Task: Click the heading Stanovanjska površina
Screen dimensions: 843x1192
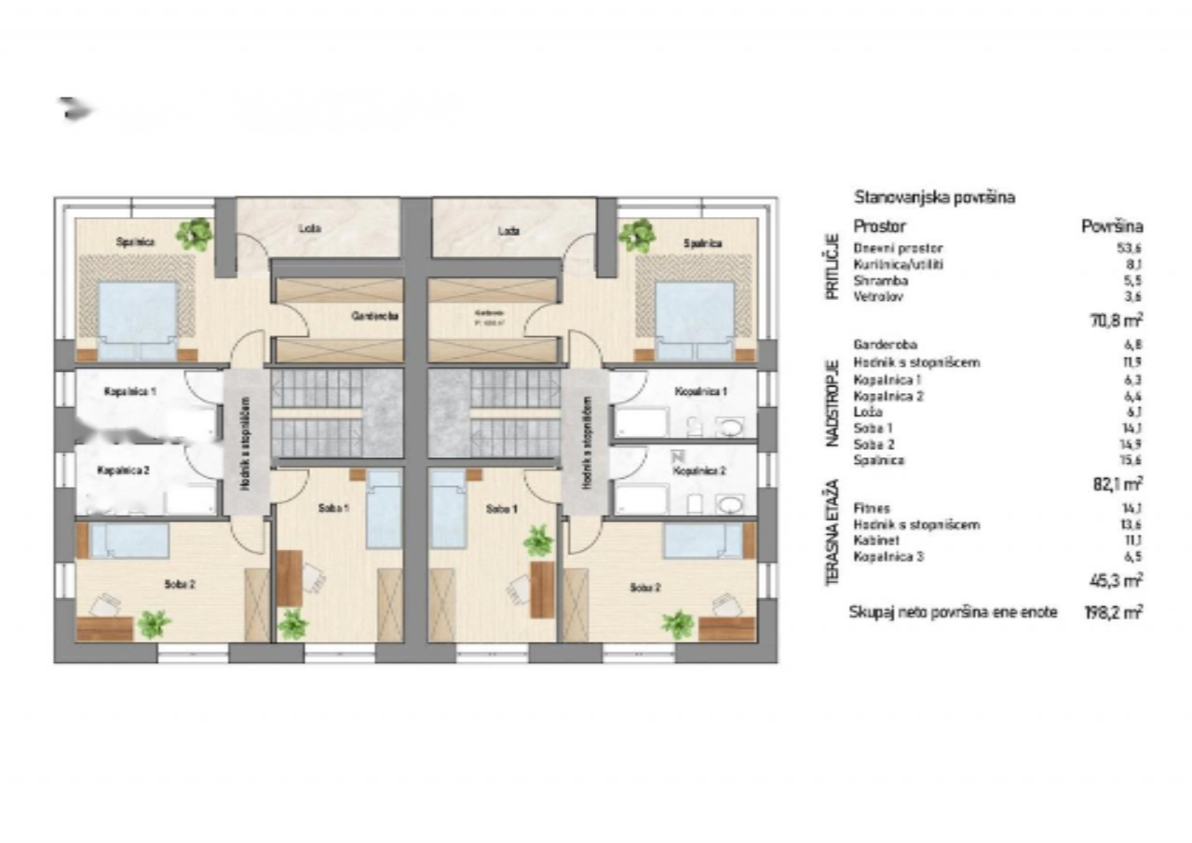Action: (x=934, y=197)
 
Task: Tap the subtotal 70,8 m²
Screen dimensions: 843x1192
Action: (x=1116, y=320)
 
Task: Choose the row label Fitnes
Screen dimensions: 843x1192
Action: (x=872, y=509)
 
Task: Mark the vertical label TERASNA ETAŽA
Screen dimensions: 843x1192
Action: (x=833, y=534)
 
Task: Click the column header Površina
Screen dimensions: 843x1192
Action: (x=1112, y=225)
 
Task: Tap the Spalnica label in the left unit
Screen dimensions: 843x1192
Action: (x=135, y=242)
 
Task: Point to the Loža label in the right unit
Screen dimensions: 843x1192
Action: (x=508, y=230)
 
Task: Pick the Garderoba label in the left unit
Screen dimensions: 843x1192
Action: (x=375, y=316)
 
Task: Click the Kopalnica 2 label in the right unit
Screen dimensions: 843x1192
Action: (x=700, y=471)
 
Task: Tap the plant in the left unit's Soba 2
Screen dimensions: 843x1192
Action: (x=154, y=623)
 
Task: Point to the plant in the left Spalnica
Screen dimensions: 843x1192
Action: (x=196, y=234)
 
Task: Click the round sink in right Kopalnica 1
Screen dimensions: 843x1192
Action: (x=729, y=428)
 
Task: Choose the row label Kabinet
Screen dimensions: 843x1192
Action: (x=874, y=541)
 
